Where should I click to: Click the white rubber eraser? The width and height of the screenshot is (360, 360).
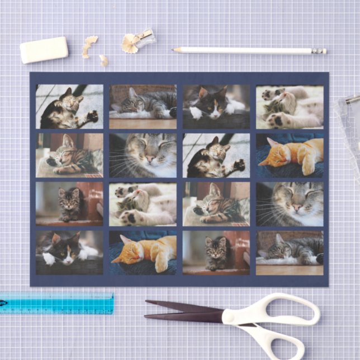(x=44, y=50)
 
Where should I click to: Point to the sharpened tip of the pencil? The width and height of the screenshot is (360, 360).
(x=174, y=50)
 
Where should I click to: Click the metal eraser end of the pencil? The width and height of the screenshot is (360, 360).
(x=319, y=51)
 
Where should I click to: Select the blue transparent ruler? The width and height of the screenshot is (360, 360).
(x=56, y=302)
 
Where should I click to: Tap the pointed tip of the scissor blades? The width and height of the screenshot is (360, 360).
(x=147, y=304)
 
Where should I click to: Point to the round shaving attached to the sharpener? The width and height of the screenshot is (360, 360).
(x=130, y=44)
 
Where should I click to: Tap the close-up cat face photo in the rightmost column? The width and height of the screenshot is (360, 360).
(x=290, y=203)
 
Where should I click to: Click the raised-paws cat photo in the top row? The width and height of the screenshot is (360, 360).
(x=290, y=106)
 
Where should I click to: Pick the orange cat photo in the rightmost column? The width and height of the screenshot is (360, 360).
(x=290, y=155)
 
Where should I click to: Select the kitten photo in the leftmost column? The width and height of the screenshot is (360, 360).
(x=69, y=203)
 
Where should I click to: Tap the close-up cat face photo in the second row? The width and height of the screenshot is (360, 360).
(x=143, y=155)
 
